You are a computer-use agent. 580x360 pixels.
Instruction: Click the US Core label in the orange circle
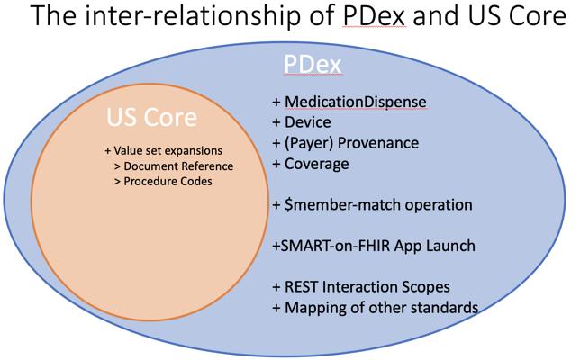pos(151,118)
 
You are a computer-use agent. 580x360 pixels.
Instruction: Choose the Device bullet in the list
pos(307,122)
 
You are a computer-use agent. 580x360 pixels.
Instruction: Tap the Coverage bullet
pos(316,164)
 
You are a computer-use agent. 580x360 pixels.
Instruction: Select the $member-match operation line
pos(372,205)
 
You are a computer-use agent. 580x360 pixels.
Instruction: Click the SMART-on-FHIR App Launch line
pos(374,246)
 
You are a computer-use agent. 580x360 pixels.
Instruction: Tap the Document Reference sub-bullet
pos(178,166)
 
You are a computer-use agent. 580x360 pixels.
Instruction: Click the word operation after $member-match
pos(435,205)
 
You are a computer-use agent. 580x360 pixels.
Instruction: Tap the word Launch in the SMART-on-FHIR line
pos(451,246)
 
